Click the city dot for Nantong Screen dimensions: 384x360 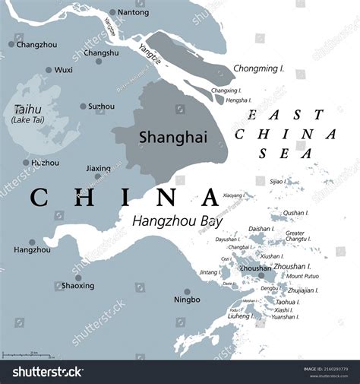pyautogui.click(x=112, y=12)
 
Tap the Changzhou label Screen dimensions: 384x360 pyautogui.click(x=36, y=45)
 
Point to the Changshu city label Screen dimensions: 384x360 pyautogui.click(x=101, y=52)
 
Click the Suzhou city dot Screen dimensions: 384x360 pyautogui.click(x=83, y=106)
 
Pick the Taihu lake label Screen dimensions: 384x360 pyautogui.click(x=27, y=109)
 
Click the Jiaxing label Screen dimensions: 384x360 pyautogui.click(x=99, y=169)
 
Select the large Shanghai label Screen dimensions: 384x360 pyautogui.click(x=163, y=137)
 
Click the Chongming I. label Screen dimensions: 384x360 pyautogui.click(x=259, y=69)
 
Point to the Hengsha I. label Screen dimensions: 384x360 pyautogui.click(x=238, y=100)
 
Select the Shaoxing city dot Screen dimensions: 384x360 pyautogui.click(x=78, y=278)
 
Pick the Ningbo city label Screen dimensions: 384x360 pyautogui.click(x=187, y=300)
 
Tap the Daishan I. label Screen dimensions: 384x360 pyautogui.click(x=261, y=228)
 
